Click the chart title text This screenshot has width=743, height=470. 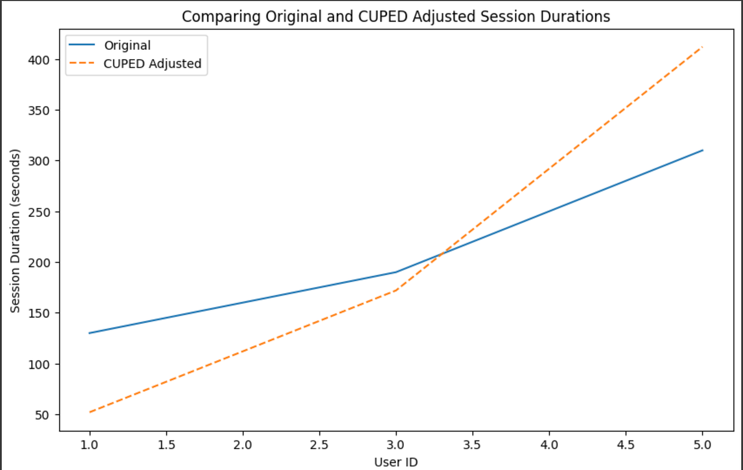point(396,16)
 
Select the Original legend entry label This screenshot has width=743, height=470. point(127,45)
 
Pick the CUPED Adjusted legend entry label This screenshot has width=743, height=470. point(152,63)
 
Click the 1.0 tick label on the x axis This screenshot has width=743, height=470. point(89,445)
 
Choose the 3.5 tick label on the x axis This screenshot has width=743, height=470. point(472,445)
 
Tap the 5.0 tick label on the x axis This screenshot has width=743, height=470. point(702,445)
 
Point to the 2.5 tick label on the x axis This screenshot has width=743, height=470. point(319,445)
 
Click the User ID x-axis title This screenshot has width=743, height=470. point(396,462)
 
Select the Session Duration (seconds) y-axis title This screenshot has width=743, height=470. point(16,230)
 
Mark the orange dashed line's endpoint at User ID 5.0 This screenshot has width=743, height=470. point(702,47)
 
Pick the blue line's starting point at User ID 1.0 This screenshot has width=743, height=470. point(89,333)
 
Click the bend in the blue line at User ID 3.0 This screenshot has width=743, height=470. point(396,272)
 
